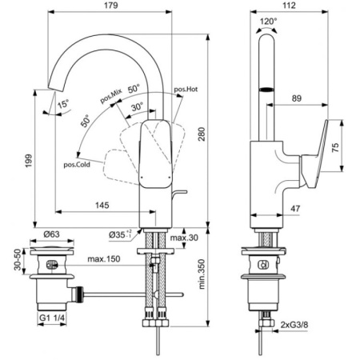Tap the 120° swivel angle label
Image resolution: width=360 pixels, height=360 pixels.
[268, 22]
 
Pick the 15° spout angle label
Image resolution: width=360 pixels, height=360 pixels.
[62, 103]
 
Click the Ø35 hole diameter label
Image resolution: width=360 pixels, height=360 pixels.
[124, 234]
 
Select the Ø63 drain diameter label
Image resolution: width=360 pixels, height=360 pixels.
[50, 234]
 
